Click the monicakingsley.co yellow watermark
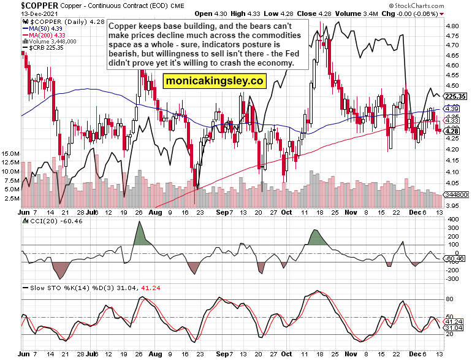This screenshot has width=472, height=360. (214, 80)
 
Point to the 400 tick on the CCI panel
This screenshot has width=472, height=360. (453, 219)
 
